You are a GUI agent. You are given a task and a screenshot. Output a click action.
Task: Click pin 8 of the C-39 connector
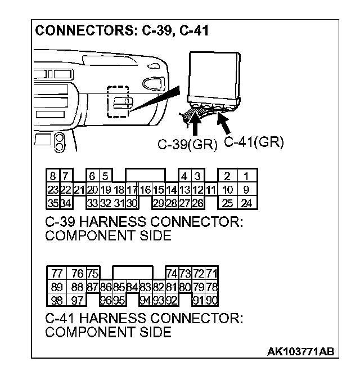[51, 176]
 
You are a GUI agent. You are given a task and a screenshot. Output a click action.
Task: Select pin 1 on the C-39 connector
[246, 176]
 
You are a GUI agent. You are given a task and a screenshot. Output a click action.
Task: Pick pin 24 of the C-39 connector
[246, 202]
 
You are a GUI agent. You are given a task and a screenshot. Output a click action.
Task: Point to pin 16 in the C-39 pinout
[145, 190]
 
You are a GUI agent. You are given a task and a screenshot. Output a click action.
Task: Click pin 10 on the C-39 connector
[227, 190]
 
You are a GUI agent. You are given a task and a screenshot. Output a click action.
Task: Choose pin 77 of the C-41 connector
[57, 274]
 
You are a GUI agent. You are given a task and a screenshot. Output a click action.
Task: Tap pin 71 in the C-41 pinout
[212, 274]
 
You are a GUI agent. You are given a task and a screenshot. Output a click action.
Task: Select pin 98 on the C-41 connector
[57, 299]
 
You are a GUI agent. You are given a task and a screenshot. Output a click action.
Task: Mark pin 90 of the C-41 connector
[212, 299]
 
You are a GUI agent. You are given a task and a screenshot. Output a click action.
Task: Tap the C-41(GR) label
[253, 142]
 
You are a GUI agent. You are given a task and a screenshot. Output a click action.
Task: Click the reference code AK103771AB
[301, 351]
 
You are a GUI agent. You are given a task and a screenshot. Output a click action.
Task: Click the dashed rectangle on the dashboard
[118, 102]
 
